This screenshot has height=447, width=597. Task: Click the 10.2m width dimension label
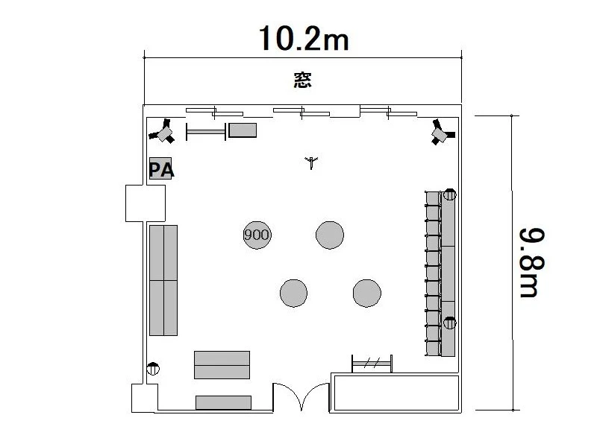pyautogui.click(x=304, y=39)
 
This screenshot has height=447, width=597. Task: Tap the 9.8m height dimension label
pyautogui.click(x=532, y=263)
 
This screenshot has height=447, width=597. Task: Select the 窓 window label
pyautogui.click(x=303, y=80)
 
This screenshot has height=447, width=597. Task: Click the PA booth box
pyautogui.click(x=160, y=168)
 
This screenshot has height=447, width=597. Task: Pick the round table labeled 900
pyautogui.click(x=257, y=235)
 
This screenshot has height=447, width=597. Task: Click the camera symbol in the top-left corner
pyautogui.click(x=163, y=132)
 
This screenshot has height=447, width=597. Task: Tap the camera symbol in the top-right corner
pyautogui.click(x=442, y=132)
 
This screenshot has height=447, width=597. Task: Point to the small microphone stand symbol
pyautogui.click(x=311, y=162)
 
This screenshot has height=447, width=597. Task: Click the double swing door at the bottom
pyautogui.click(x=301, y=397)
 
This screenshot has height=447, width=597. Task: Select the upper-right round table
pyautogui.click(x=330, y=235)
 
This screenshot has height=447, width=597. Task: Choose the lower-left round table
pyautogui.click(x=293, y=293)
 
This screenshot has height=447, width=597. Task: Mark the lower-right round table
pyautogui.click(x=366, y=293)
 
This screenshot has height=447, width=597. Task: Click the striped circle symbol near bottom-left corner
pyautogui.click(x=153, y=369)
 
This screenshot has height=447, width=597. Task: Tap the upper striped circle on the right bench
pyautogui.click(x=450, y=194)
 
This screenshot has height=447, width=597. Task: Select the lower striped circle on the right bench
pyautogui.click(x=450, y=323)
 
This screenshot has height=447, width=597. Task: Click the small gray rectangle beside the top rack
pyautogui.click(x=243, y=130)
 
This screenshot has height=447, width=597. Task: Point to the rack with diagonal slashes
pyautogui.click(x=372, y=364)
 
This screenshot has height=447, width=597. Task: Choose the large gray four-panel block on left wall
pyautogui.click(x=163, y=281)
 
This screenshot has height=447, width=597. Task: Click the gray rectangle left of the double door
pyautogui.click(x=223, y=402)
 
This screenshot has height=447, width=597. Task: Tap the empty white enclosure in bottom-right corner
pyautogui.click(x=396, y=393)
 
